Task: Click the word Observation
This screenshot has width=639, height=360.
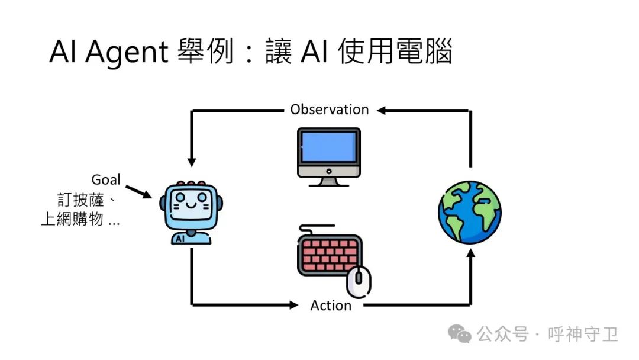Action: [x=329, y=110]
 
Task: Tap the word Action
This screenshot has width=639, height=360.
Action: [x=331, y=306]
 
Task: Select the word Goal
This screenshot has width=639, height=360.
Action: [x=106, y=179]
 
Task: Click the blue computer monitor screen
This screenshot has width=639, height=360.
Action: [x=329, y=147]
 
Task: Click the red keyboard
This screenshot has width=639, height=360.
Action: [x=328, y=254]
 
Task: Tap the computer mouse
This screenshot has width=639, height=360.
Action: [x=359, y=281]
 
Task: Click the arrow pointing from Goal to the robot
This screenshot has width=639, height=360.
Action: [x=139, y=191]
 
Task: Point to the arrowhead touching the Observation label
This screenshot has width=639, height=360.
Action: [x=381, y=110]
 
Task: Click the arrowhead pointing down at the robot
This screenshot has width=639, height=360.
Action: [x=191, y=161]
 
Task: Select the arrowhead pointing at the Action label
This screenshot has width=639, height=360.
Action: [x=294, y=306]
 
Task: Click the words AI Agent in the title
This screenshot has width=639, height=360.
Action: [x=109, y=52]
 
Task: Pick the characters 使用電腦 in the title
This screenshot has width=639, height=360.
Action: [x=396, y=52]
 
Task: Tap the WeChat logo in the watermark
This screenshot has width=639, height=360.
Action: [x=459, y=335]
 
